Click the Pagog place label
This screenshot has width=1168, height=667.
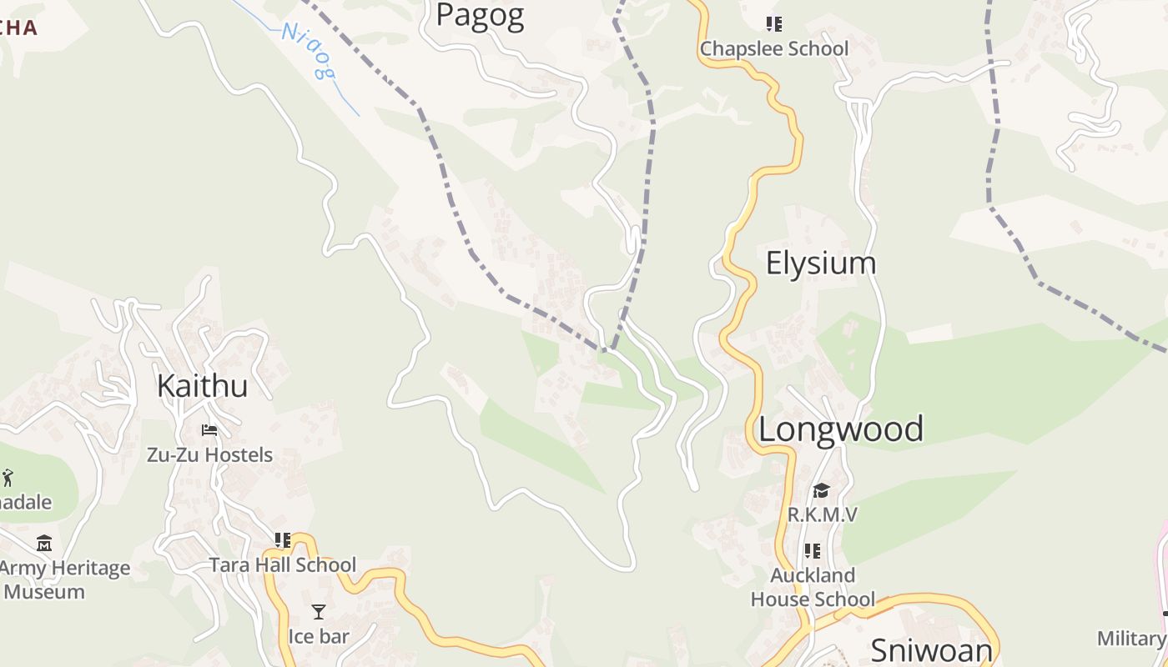480,15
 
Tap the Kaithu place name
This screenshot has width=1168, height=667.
202,386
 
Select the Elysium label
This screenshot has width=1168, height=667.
821,263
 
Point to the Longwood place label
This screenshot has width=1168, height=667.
840,429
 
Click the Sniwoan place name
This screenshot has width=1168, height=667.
932,649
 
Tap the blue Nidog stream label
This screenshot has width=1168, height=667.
308,51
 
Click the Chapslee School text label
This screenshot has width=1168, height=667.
773,48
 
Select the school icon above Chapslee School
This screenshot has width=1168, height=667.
774,24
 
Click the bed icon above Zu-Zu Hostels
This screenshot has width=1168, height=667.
209,430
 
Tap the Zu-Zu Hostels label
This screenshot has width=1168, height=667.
209,454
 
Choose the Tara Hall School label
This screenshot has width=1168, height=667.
283,564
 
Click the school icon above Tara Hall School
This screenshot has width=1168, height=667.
283,540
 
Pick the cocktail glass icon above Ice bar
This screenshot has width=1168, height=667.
319,612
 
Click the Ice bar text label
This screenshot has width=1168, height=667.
319,636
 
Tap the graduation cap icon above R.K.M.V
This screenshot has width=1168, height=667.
822,490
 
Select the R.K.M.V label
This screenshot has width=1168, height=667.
822,514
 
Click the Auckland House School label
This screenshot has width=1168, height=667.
813,587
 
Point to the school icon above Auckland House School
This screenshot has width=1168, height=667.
813,551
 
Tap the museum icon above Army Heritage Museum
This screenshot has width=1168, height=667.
44,544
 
